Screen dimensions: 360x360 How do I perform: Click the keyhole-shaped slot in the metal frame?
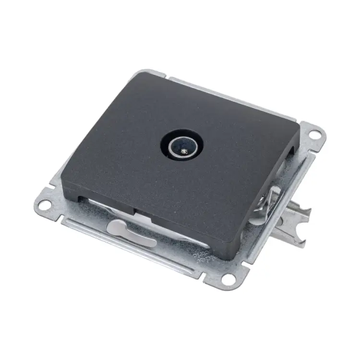pos(130,228)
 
